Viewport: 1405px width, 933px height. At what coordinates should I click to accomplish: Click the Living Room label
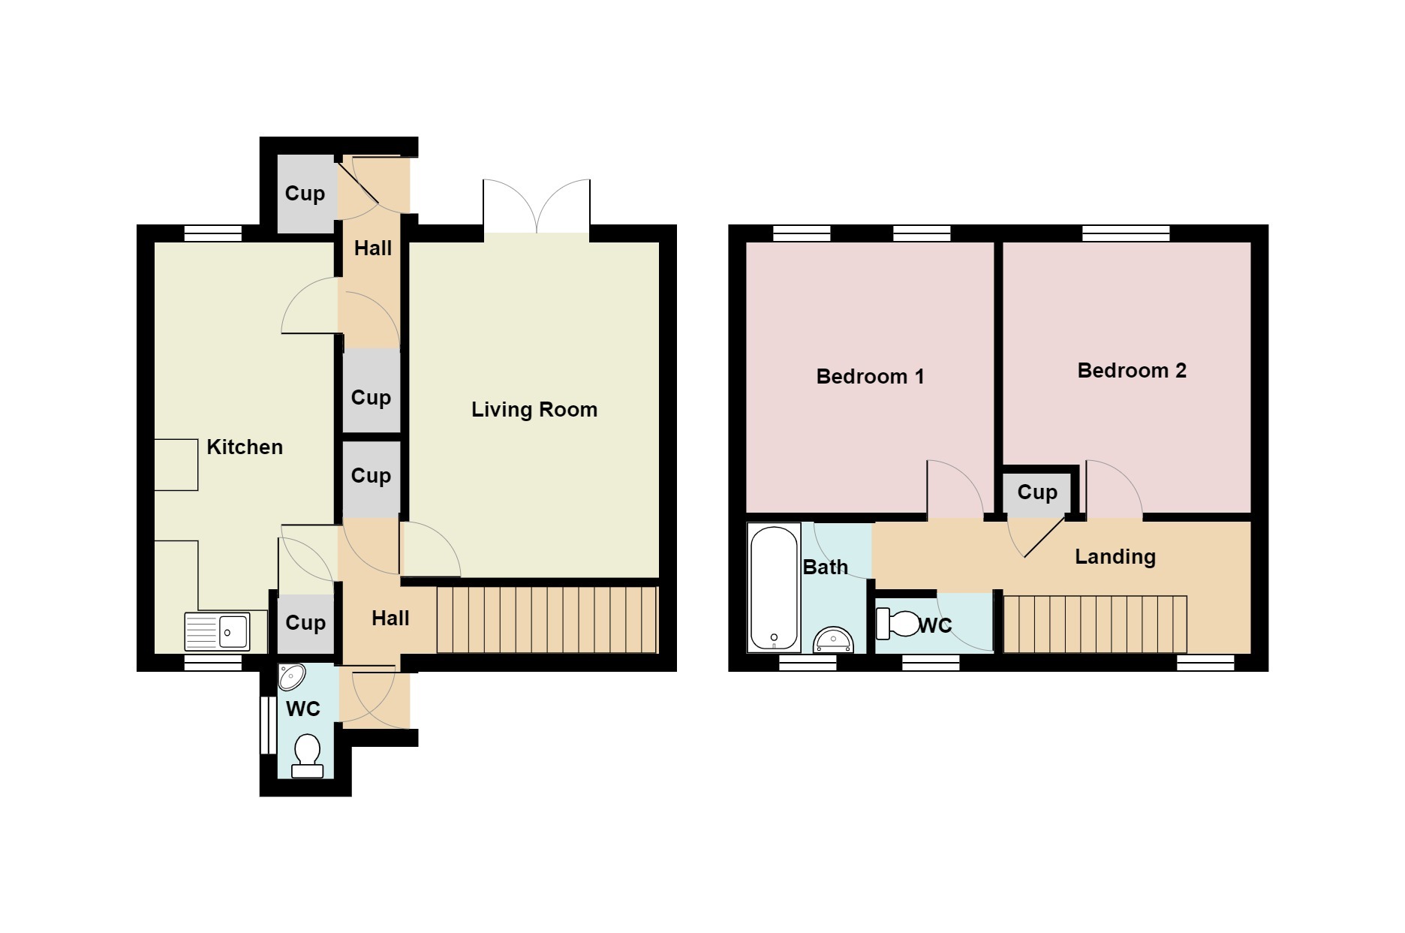point(534,410)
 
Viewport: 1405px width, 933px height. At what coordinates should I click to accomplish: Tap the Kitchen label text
point(245,447)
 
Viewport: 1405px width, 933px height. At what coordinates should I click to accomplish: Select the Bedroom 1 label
point(870,377)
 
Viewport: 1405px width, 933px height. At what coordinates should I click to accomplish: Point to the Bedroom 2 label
point(1132,371)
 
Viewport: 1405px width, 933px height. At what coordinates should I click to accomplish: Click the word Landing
point(1115,557)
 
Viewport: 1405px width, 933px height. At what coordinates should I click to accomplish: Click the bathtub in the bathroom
point(774,588)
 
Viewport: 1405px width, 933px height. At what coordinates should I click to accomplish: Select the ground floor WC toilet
point(307,755)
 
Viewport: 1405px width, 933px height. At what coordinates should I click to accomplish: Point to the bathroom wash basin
point(834,640)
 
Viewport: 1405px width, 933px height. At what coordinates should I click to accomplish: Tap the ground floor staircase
point(547,620)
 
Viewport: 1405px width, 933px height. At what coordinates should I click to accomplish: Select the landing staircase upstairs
point(1095,624)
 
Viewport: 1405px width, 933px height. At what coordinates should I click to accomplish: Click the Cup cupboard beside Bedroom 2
point(1037,492)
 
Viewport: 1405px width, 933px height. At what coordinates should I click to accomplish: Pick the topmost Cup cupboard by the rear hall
point(305,194)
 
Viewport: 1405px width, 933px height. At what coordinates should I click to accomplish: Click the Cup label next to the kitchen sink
point(305,623)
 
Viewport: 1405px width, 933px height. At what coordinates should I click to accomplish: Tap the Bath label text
point(826,567)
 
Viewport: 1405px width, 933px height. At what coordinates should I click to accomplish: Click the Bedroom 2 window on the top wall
point(1126,233)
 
